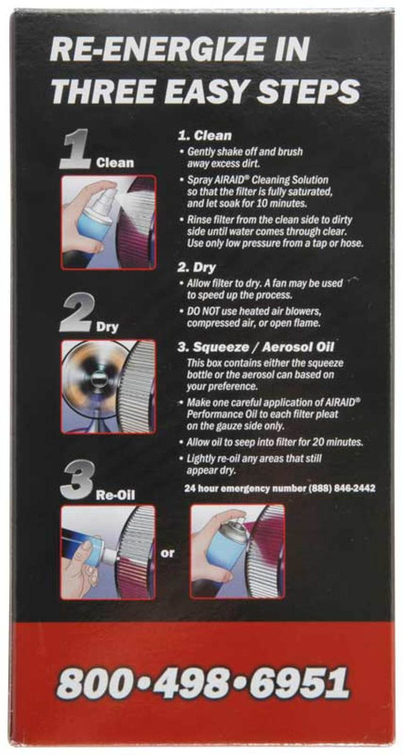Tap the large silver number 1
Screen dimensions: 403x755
[75, 150]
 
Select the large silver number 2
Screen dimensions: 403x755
[76, 313]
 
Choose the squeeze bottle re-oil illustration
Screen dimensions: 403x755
[108, 552]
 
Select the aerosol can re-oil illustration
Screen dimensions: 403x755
[238, 552]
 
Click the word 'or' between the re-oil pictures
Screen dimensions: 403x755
[167, 554]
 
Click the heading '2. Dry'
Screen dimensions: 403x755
[197, 268]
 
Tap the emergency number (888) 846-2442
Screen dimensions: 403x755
[342, 488]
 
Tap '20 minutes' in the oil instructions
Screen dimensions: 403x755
[336, 441]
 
